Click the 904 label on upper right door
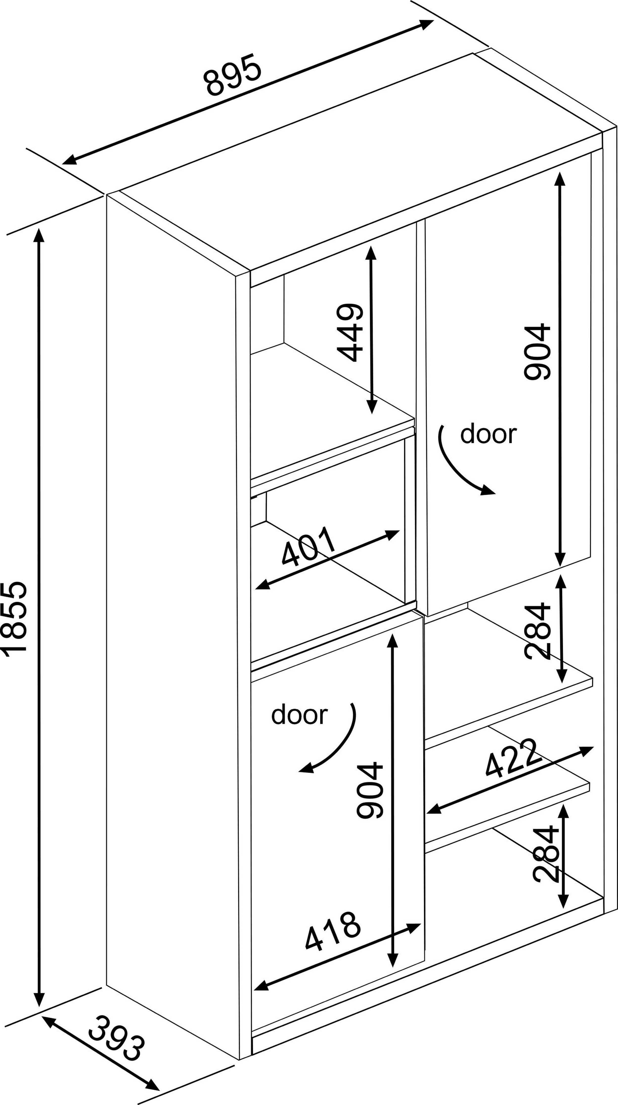(x=537, y=352)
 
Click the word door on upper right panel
(x=488, y=434)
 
